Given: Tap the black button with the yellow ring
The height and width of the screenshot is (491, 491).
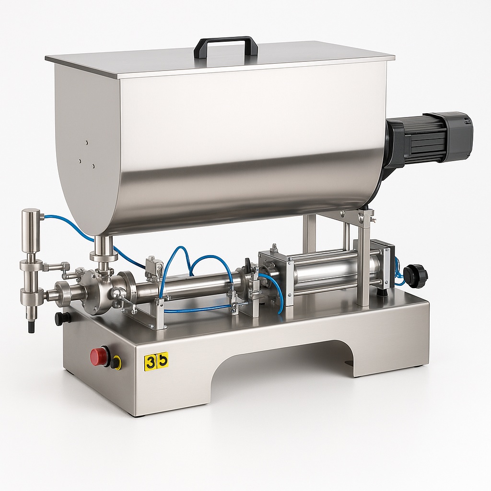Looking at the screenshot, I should click(116, 362).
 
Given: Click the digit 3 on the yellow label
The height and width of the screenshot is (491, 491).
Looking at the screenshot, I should click(151, 361).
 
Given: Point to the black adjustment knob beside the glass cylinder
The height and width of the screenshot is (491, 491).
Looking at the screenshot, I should click(415, 276).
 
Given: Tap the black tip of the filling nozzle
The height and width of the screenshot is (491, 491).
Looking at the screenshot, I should click(32, 327).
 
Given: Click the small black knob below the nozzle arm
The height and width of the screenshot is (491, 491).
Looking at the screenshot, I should click(62, 318).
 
